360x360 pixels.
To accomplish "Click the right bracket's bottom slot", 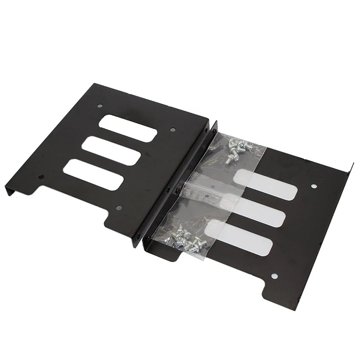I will (x=241, y=238).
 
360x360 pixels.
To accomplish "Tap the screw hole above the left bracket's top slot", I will (x=99, y=106).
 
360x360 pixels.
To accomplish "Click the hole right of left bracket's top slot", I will (x=173, y=130).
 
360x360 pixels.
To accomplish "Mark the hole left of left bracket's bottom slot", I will (x=42, y=177).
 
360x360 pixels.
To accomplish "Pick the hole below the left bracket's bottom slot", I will (x=119, y=207).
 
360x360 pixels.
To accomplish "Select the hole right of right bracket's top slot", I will (x=314, y=186).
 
